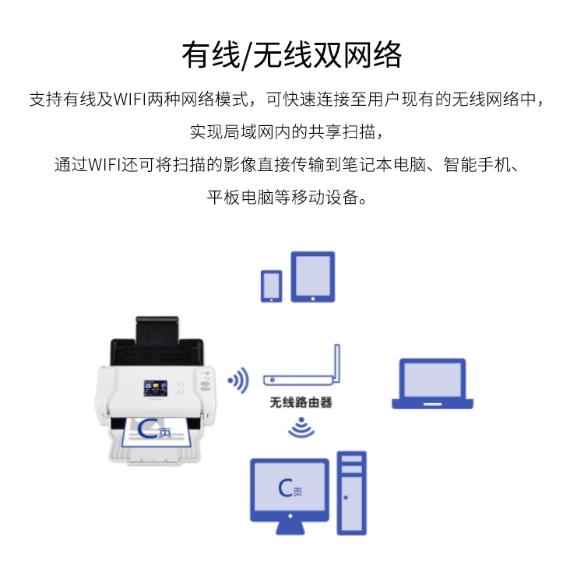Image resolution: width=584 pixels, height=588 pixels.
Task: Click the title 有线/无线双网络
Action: coord(292,55)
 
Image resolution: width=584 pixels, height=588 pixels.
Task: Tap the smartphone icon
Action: coord(271,286)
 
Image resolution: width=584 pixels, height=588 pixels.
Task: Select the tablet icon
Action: coord(313,277)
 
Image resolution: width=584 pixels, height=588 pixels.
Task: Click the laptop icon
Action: coord(432,383)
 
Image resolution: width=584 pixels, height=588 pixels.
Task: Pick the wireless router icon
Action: coord(301,366)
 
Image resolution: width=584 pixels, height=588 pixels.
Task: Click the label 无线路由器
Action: coord(301,402)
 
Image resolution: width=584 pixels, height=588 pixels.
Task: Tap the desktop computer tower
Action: coord(352,493)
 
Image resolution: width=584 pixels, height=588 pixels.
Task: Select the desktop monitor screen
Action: coord(290,487)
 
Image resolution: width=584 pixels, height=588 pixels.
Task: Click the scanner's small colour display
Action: coord(156,388)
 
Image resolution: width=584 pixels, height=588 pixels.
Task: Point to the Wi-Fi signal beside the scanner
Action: coord(239,380)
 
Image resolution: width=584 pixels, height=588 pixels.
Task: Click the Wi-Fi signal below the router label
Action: coord(301,427)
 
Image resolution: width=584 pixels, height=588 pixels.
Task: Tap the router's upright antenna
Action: coord(337,363)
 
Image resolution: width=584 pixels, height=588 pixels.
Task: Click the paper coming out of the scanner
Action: coord(157,432)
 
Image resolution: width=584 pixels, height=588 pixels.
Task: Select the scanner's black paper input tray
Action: coord(157,341)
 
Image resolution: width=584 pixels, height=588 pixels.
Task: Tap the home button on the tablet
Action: coord(313,299)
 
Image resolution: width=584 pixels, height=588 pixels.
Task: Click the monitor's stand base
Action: coord(290,528)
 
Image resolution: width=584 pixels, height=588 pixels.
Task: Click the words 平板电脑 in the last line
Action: coord(240,198)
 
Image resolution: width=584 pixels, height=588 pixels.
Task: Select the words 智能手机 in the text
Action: coord(477,165)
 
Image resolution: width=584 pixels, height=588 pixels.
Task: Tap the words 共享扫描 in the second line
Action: coord(342,132)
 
